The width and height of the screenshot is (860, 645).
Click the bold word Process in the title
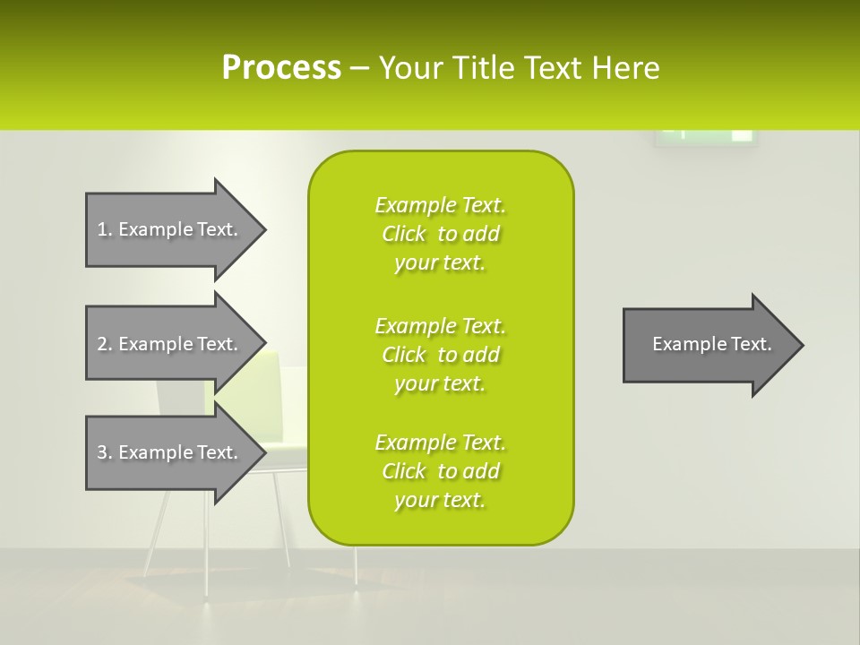pos(281,68)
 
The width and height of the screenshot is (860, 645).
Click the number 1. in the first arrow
pos(104,229)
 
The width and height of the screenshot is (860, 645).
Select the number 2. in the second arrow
pos(104,344)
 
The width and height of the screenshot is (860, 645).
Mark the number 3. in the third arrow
pos(104,452)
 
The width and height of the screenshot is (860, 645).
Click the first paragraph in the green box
pos(440,234)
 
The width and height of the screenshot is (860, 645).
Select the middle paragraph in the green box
pos(440,355)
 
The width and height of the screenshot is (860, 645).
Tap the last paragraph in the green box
pos(440,471)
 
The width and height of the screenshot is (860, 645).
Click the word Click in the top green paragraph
pos(403,235)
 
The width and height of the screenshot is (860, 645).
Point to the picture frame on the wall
pos(706,137)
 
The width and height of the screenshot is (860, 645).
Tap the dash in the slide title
pos(360,69)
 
